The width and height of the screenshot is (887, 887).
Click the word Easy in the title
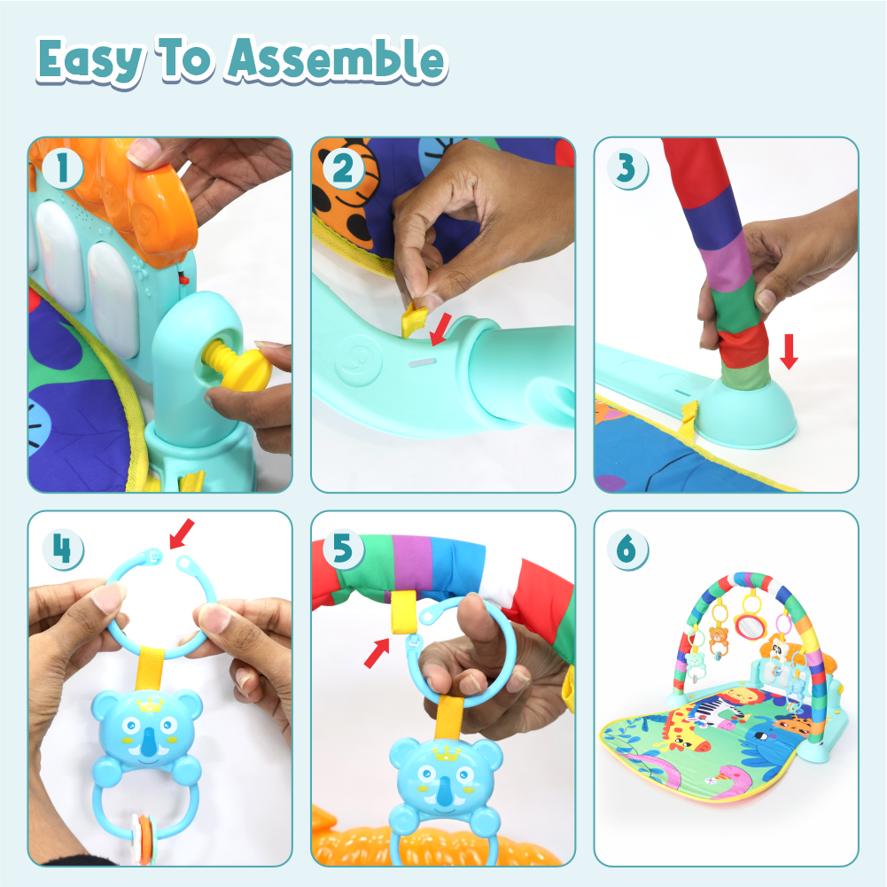point(89,61)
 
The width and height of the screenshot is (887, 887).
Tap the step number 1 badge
point(63,168)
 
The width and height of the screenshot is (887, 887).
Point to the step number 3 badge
point(626,168)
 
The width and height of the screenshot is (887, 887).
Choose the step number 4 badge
point(63,549)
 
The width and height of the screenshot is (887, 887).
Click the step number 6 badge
point(626,549)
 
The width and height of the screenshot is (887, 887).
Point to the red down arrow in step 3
point(789,351)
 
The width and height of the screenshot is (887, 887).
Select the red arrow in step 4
point(183,533)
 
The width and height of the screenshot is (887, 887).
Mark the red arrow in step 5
point(377,653)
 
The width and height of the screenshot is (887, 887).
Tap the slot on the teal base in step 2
point(422,362)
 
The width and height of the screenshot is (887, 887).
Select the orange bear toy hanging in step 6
point(719,639)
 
